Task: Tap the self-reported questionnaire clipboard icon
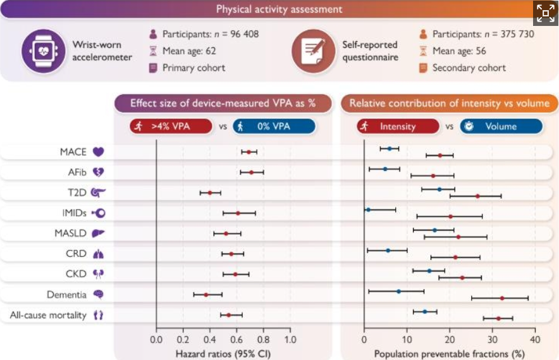click(313, 51)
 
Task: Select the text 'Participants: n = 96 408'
click(210, 34)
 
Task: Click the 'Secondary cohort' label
click(469, 68)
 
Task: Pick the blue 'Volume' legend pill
click(500, 126)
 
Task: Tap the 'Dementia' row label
click(66, 295)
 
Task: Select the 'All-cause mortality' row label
click(48, 314)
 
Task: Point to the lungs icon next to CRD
click(98, 254)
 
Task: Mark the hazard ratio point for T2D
click(211, 192)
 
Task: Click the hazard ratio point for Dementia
click(206, 294)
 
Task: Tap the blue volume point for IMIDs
click(368, 209)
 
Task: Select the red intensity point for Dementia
click(502, 297)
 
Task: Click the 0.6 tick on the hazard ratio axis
click(236, 339)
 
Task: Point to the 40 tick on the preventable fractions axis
click(535, 339)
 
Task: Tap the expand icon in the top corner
click(545, 12)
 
